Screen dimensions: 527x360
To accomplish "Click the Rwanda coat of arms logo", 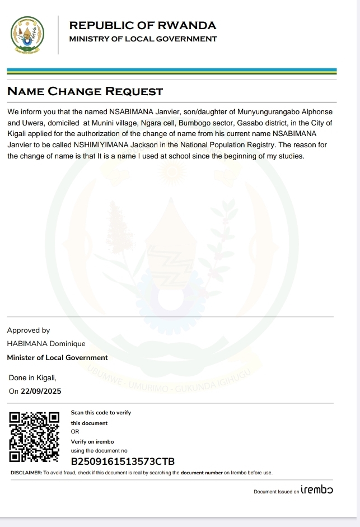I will (x=27, y=35).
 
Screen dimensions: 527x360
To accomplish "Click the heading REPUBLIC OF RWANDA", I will (x=142, y=25).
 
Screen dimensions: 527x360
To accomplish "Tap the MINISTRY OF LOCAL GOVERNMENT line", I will (x=143, y=39).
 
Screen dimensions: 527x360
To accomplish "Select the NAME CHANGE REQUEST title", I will (x=85, y=92).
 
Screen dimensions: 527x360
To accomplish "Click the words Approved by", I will (x=29, y=330).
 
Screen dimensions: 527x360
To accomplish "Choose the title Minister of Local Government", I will (x=57, y=357).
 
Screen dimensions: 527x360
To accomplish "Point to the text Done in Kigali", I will (x=32, y=377).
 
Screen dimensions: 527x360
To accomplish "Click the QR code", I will (x=35, y=437).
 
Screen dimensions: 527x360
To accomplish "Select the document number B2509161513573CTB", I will (x=123, y=462).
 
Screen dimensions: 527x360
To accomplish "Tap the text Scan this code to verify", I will (x=101, y=413).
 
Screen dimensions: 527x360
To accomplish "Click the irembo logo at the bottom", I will (x=317, y=490).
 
